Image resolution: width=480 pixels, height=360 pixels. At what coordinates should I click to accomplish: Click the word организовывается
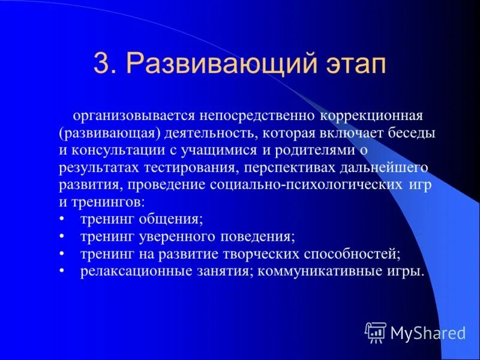(140, 116)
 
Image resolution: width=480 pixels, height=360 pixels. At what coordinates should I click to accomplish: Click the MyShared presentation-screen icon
(376, 332)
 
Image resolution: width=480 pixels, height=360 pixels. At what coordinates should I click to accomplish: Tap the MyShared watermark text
(428, 332)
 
